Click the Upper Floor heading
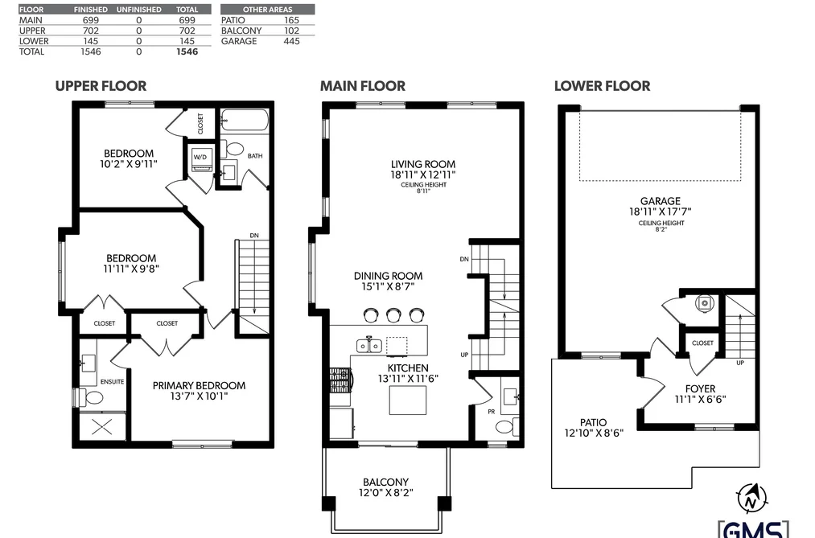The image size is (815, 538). [x=101, y=86]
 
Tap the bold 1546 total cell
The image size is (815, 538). [x=187, y=51]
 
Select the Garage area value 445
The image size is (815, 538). [x=291, y=41]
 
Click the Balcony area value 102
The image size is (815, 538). [x=291, y=31]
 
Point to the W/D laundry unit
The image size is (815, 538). [x=200, y=159]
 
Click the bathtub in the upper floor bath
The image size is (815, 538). [x=244, y=121]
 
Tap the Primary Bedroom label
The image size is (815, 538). [x=199, y=385]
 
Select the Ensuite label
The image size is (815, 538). [x=113, y=382]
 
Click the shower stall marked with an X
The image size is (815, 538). [x=102, y=427]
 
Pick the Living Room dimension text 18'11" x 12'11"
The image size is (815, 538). [x=423, y=175]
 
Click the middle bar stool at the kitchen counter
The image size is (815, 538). [x=393, y=314]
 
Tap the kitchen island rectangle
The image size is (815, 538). [x=408, y=400]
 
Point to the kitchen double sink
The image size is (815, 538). [x=369, y=345]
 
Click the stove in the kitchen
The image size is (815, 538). [x=340, y=380]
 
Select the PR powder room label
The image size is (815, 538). [x=492, y=412]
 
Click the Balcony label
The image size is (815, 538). [x=385, y=482]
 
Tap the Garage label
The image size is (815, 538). [x=660, y=200]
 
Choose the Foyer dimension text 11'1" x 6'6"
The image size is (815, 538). [x=700, y=400]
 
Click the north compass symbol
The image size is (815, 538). [x=750, y=499]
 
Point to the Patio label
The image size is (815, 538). [x=593, y=422]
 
